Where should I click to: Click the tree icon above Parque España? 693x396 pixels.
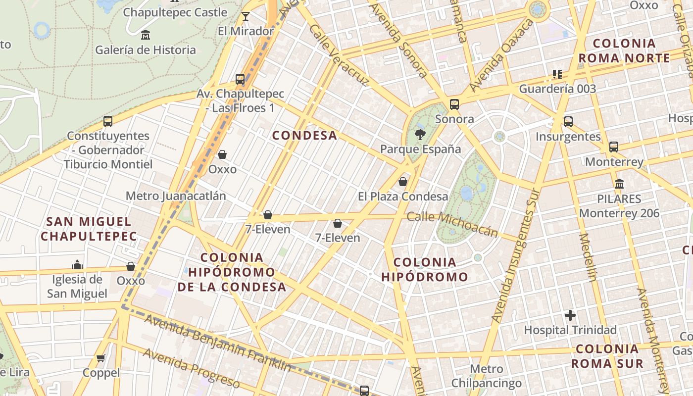[x=420, y=134]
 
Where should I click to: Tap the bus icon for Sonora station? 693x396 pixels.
[x=454, y=104]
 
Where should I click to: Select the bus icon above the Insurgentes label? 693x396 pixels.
[x=568, y=122]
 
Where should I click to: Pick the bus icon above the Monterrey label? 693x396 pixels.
[x=614, y=147]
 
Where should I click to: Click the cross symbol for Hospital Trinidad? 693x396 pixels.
[x=570, y=315]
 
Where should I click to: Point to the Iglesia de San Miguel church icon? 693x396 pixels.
[x=77, y=265]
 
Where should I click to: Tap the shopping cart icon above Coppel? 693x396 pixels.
[x=101, y=358]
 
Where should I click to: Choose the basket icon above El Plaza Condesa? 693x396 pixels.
[x=403, y=182]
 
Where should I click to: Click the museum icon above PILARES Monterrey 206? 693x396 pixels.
[x=619, y=184]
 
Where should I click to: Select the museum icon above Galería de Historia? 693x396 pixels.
[x=146, y=35]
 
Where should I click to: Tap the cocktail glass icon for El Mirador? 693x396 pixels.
[x=246, y=17]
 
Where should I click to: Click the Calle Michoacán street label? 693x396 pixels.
[x=452, y=224]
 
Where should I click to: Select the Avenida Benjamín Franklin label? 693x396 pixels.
[x=218, y=343]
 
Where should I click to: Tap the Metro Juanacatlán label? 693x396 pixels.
[x=176, y=196]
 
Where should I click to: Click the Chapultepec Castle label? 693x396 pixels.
[x=175, y=12]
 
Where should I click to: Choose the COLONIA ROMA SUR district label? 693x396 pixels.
[x=607, y=356]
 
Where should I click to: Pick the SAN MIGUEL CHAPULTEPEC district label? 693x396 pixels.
[x=89, y=229]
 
